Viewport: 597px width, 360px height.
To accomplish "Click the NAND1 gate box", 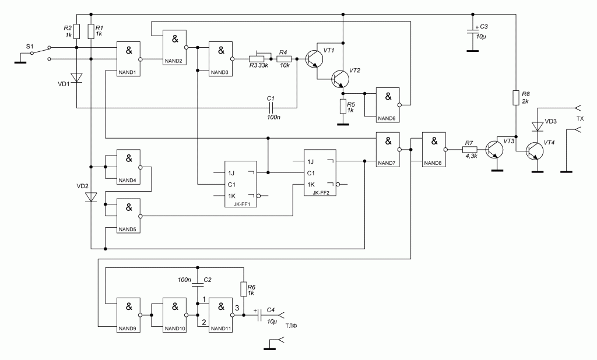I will coord(128,59).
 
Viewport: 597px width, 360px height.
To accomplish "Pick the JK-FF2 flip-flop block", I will coord(319,172).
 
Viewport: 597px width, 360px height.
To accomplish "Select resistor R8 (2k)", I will coord(516,97).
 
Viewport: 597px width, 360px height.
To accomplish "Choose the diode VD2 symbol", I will coord(90,197).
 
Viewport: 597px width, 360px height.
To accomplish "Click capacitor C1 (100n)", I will coord(271,107).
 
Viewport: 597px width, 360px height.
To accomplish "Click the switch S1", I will coord(40,51).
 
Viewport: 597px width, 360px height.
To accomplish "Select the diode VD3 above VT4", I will coord(536,126).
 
